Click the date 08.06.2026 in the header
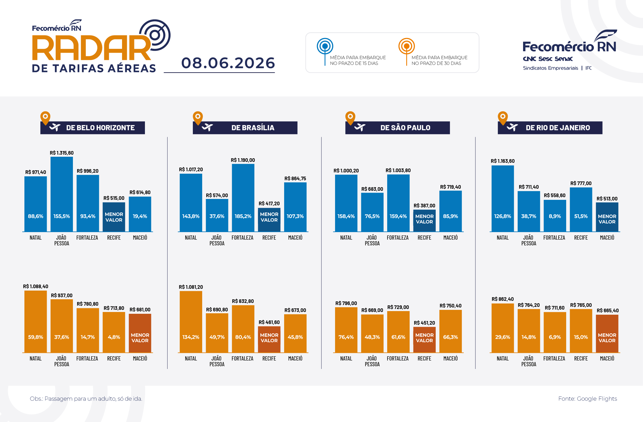pos(228,63)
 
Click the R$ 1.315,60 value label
pos(62,153)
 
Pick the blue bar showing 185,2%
pos(243,198)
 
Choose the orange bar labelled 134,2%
pos(191,322)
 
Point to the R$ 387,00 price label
pos(424,206)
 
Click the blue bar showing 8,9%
pos(555,216)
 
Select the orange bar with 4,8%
pos(114,332)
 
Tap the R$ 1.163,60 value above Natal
pos(503,161)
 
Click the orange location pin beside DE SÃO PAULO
pos(350,118)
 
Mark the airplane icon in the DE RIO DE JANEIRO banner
pos(512,128)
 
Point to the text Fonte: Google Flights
pos(588,399)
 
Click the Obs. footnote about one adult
pos(86,399)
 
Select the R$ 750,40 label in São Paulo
pos(450,306)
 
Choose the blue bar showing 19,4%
pos(140,214)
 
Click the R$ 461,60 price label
pos(269,322)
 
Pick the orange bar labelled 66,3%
pos(450,331)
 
